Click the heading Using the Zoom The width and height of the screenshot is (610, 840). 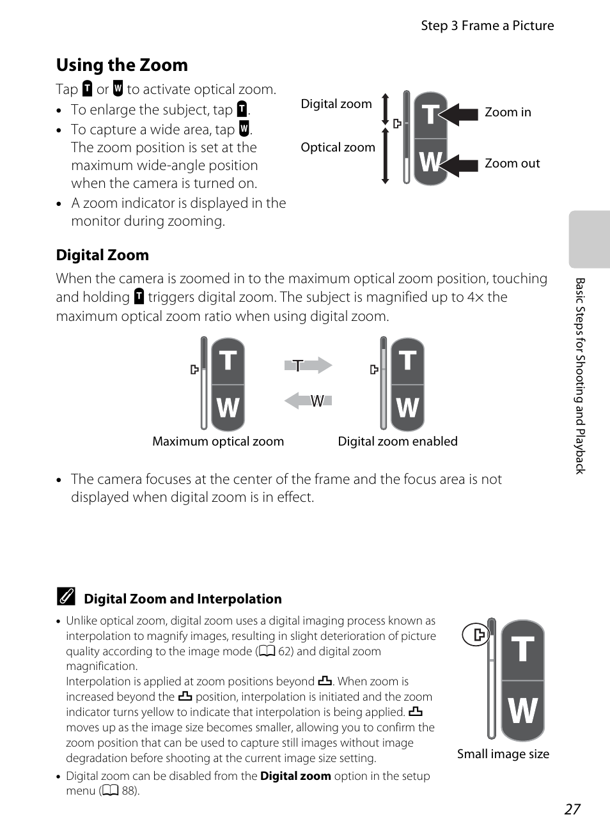[x=121, y=65]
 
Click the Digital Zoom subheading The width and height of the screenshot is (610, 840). [x=102, y=255]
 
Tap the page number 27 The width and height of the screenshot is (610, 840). [x=572, y=809]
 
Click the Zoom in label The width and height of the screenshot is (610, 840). [x=508, y=113]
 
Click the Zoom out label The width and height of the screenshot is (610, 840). [x=512, y=164]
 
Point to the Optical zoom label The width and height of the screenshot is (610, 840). [x=338, y=148]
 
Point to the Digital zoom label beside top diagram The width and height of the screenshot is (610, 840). [x=336, y=104]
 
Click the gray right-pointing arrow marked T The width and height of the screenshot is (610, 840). [x=308, y=366]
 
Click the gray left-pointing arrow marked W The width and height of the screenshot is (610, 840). [x=308, y=401]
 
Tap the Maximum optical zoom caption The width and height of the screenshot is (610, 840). [x=218, y=442]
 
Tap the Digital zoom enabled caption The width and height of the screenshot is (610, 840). [x=398, y=442]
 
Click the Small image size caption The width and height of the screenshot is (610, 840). [x=503, y=754]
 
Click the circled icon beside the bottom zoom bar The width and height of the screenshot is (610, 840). [x=476, y=635]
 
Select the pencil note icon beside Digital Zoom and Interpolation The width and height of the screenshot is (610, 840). [x=66, y=597]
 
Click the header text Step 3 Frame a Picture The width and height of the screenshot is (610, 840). [x=487, y=26]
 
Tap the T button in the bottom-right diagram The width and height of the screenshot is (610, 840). [x=522, y=649]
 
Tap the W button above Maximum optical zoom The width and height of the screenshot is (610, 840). [x=228, y=407]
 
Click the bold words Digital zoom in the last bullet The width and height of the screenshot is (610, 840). [x=295, y=776]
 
